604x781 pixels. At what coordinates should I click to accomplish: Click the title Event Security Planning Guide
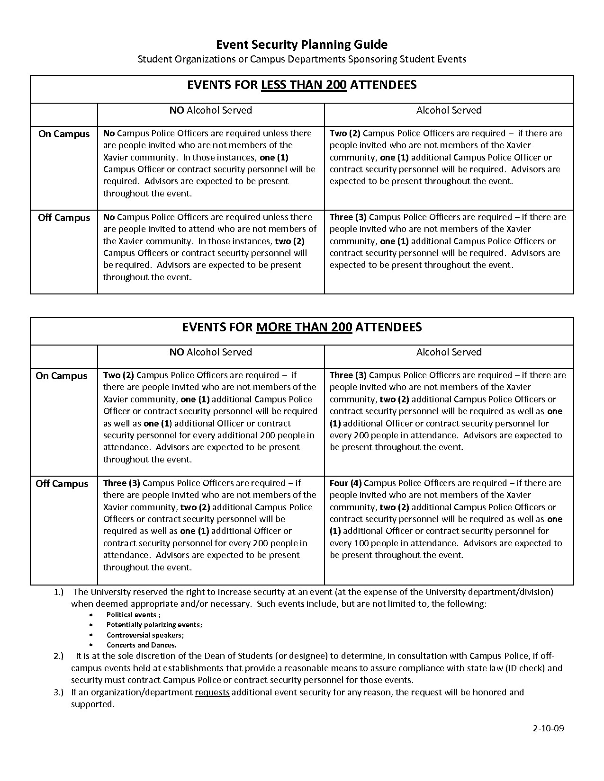(302, 44)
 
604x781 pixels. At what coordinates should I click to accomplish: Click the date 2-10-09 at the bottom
(548, 728)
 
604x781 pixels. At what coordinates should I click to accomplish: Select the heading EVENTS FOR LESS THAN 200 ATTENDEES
(302, 85)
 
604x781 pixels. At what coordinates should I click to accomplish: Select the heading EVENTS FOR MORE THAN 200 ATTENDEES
(302, 328)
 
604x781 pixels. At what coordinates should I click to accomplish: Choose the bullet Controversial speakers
(145, 635)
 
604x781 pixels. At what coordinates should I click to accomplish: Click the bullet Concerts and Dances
(141, 645)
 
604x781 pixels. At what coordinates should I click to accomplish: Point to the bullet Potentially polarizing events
(154, 625)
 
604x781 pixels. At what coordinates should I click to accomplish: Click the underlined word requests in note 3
(212, 692)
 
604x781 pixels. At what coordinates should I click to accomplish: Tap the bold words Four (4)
(345, 483)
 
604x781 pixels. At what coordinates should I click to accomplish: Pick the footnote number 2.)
(59, 656)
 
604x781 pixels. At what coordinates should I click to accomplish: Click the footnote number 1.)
(59, 592)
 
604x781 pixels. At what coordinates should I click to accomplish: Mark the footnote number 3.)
(59, 692)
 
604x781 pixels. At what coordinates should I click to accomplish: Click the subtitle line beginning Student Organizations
(302, 59)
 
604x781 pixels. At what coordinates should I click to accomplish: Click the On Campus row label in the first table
(64, 134)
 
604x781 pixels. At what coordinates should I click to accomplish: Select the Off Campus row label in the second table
(62, 484)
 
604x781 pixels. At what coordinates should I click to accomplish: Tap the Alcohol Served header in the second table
(449, 352)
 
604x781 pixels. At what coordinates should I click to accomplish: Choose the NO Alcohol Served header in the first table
(211, 110)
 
